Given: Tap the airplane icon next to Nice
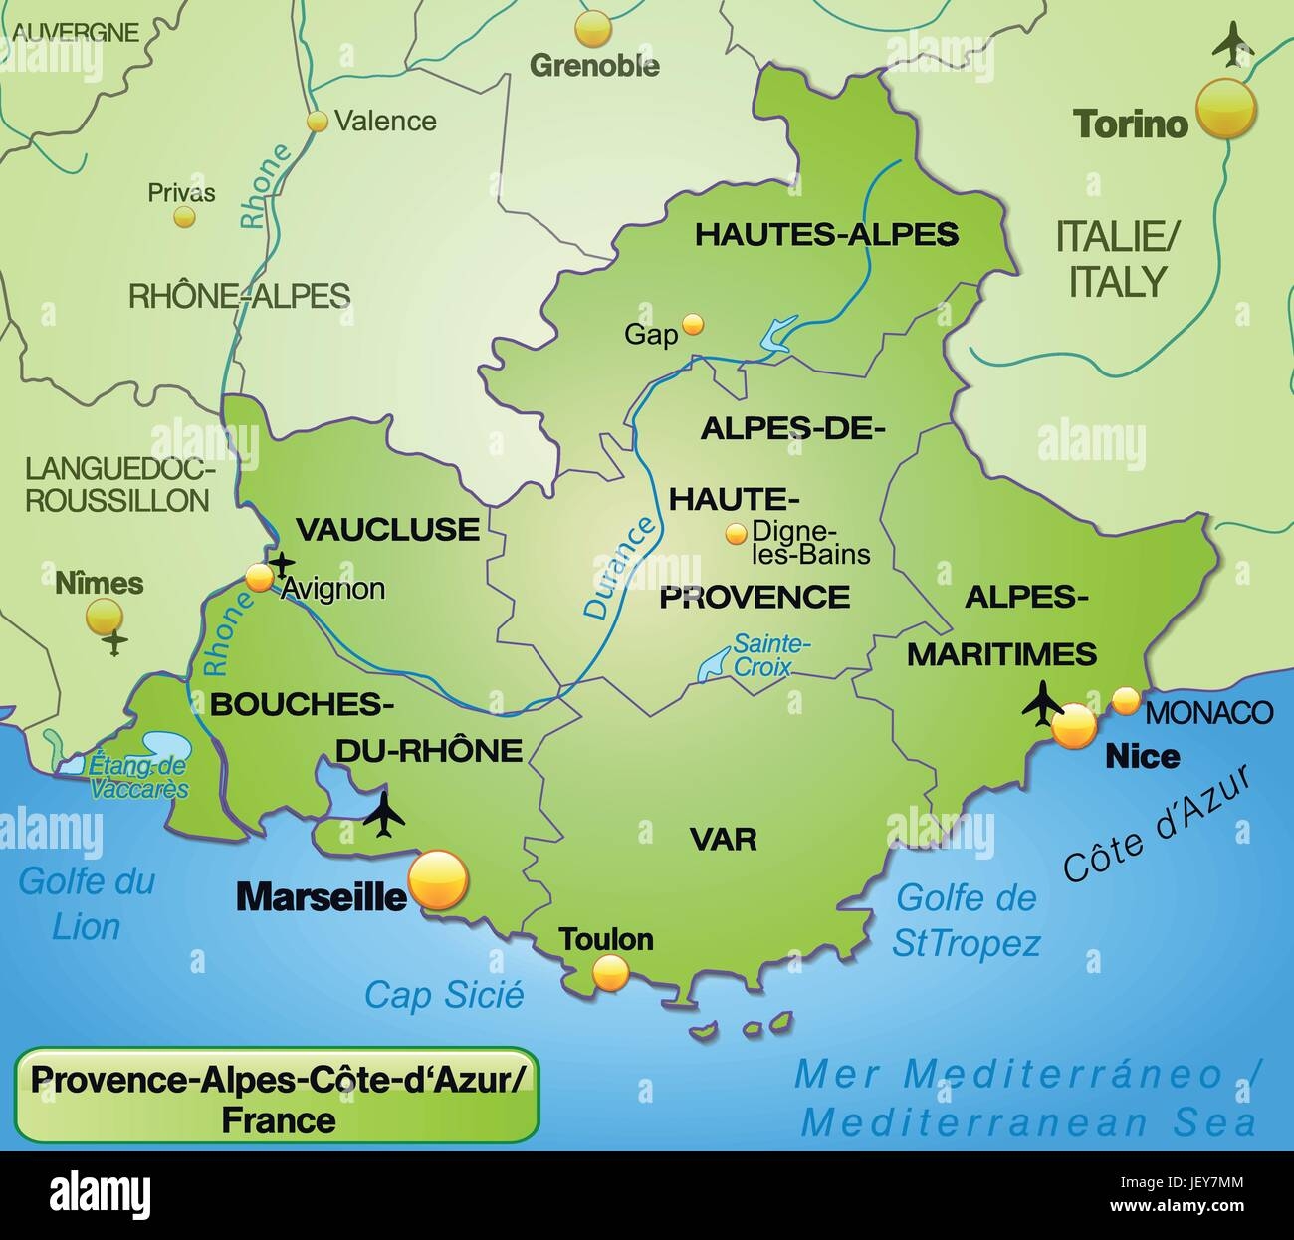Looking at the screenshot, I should [1042, 703].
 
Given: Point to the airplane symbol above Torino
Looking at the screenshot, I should [1232, 44].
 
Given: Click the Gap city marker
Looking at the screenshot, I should [693, 323].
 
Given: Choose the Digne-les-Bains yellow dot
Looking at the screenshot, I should [736, 534].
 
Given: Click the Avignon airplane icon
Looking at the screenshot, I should [283, 564].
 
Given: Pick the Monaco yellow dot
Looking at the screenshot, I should [1125, 700].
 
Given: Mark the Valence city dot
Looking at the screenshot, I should [318, 122].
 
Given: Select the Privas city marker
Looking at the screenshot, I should [183, 216].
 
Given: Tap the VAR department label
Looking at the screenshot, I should [724, 839].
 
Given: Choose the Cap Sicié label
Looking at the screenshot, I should [444, 993].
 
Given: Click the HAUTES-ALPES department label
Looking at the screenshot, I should [825, 234].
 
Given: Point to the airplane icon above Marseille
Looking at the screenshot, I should [384, 816].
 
